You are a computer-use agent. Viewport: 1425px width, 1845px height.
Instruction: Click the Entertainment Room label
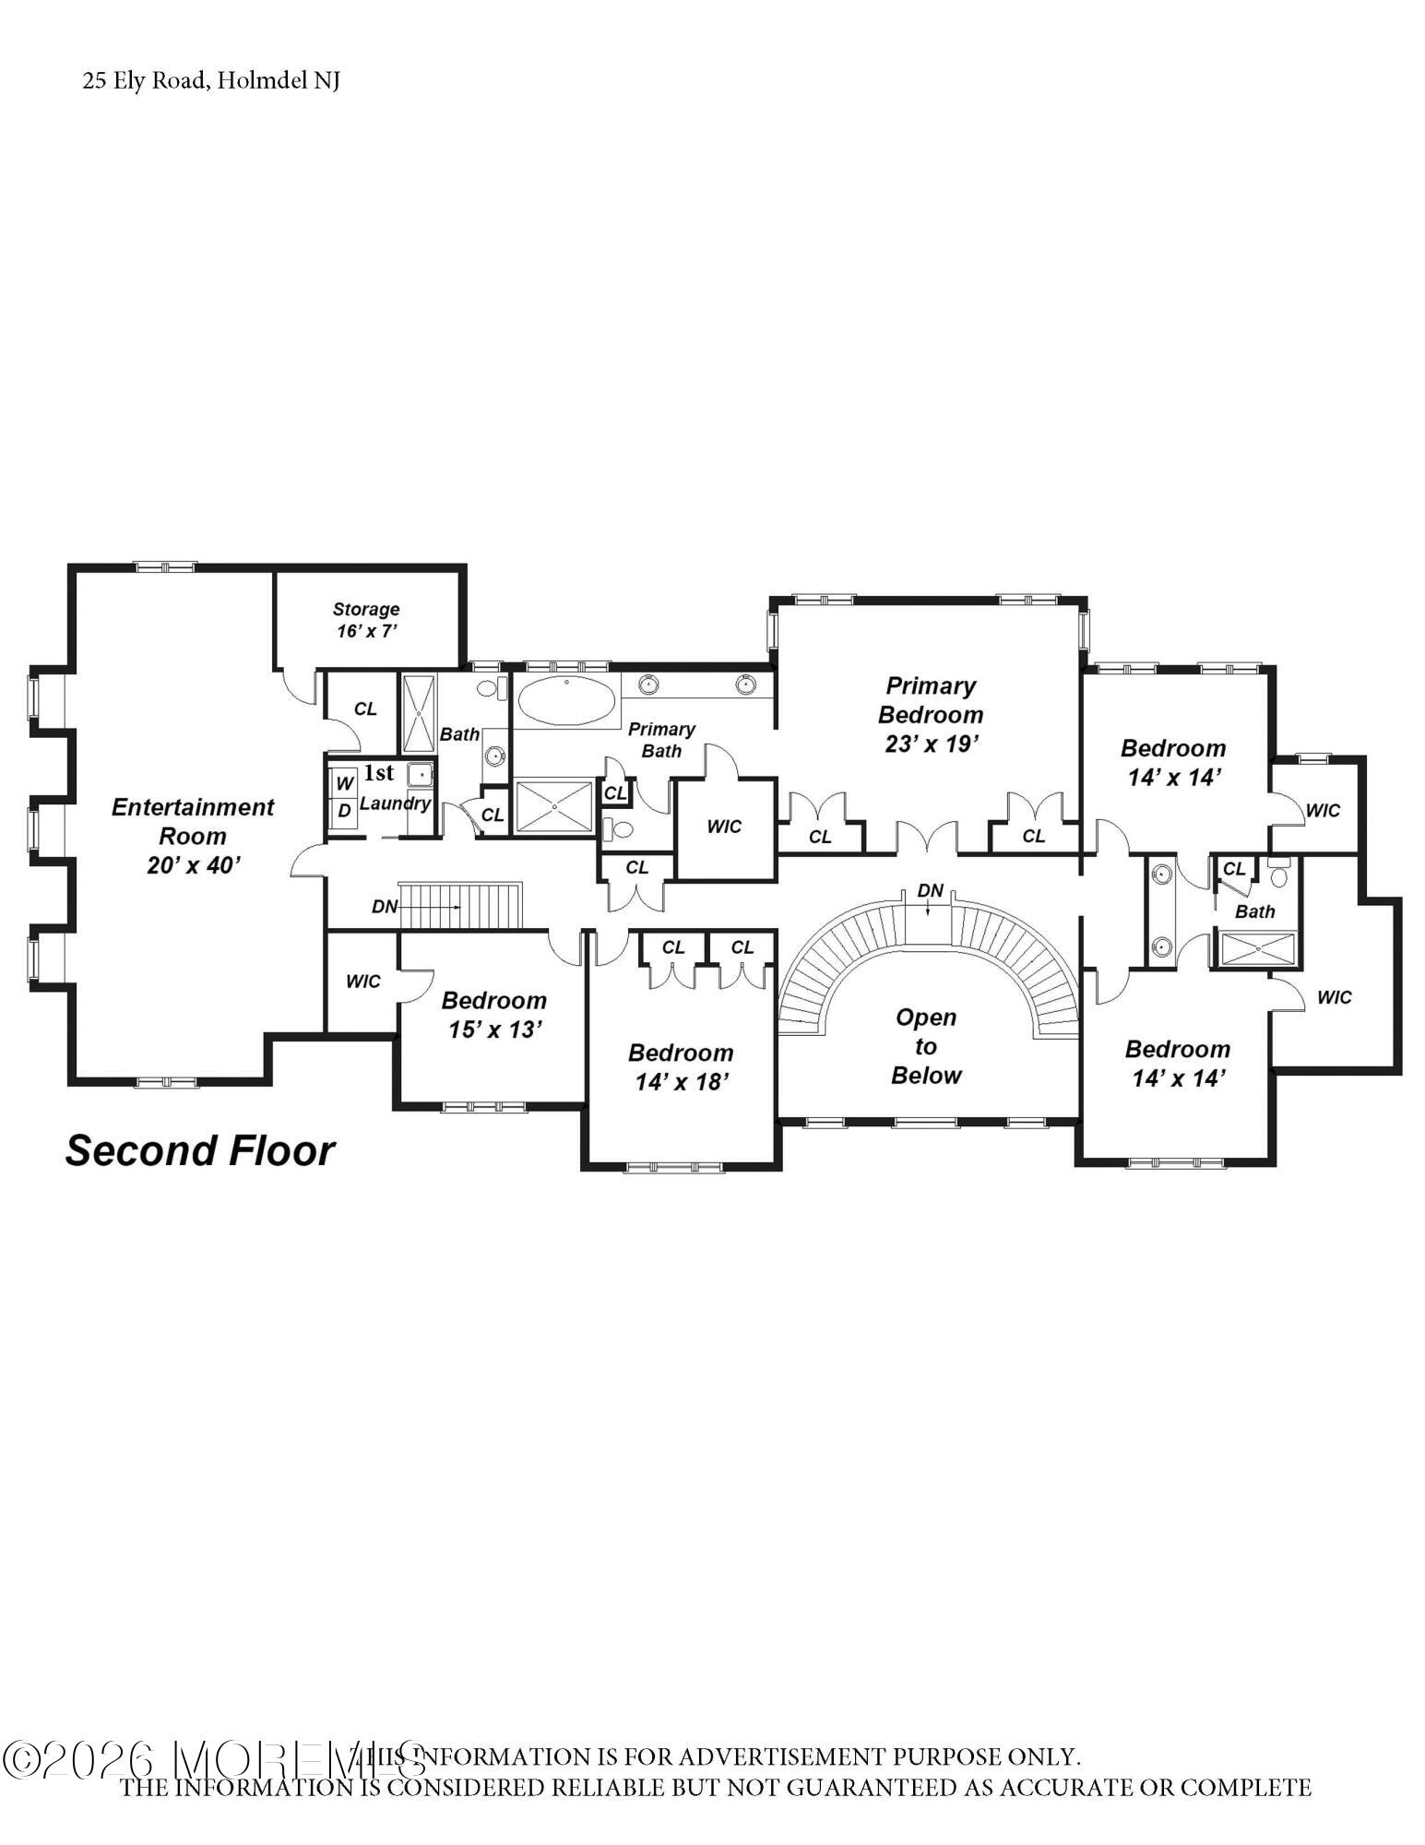tap(193, 835)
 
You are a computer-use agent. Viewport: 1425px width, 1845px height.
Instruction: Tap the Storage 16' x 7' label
tap(366, 620)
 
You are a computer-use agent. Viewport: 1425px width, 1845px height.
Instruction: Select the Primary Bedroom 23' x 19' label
tap(931, 714)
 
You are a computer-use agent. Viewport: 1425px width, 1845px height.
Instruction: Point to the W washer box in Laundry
tap(344, 784)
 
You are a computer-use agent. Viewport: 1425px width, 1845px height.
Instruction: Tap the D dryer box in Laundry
tap(344, 812)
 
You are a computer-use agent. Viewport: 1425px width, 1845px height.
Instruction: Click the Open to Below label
tap(926, 1046)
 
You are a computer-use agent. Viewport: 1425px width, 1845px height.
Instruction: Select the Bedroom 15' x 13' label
tap(494, 1015)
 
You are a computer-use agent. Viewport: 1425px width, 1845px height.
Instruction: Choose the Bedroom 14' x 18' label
tap(681, 1066)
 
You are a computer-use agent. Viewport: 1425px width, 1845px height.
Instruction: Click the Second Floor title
tap(200, 1151)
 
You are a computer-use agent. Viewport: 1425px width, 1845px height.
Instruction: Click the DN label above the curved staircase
tap(931, 891)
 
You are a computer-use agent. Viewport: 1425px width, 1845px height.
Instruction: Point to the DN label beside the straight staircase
tap(385, 907)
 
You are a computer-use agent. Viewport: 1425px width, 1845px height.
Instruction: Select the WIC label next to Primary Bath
tap(724, 827)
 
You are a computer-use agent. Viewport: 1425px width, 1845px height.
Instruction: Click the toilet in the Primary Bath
tap(618, 829)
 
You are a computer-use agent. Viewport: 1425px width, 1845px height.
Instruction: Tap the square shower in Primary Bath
tap(553, 807)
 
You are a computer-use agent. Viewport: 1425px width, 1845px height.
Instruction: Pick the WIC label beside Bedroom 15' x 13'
tap(362, 982)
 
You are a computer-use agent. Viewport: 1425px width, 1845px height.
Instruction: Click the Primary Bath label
tap(661, 740)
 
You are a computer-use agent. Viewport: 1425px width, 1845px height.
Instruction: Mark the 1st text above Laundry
tap(378, 773)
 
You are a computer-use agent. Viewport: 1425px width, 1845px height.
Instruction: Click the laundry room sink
tap(420, 775)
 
